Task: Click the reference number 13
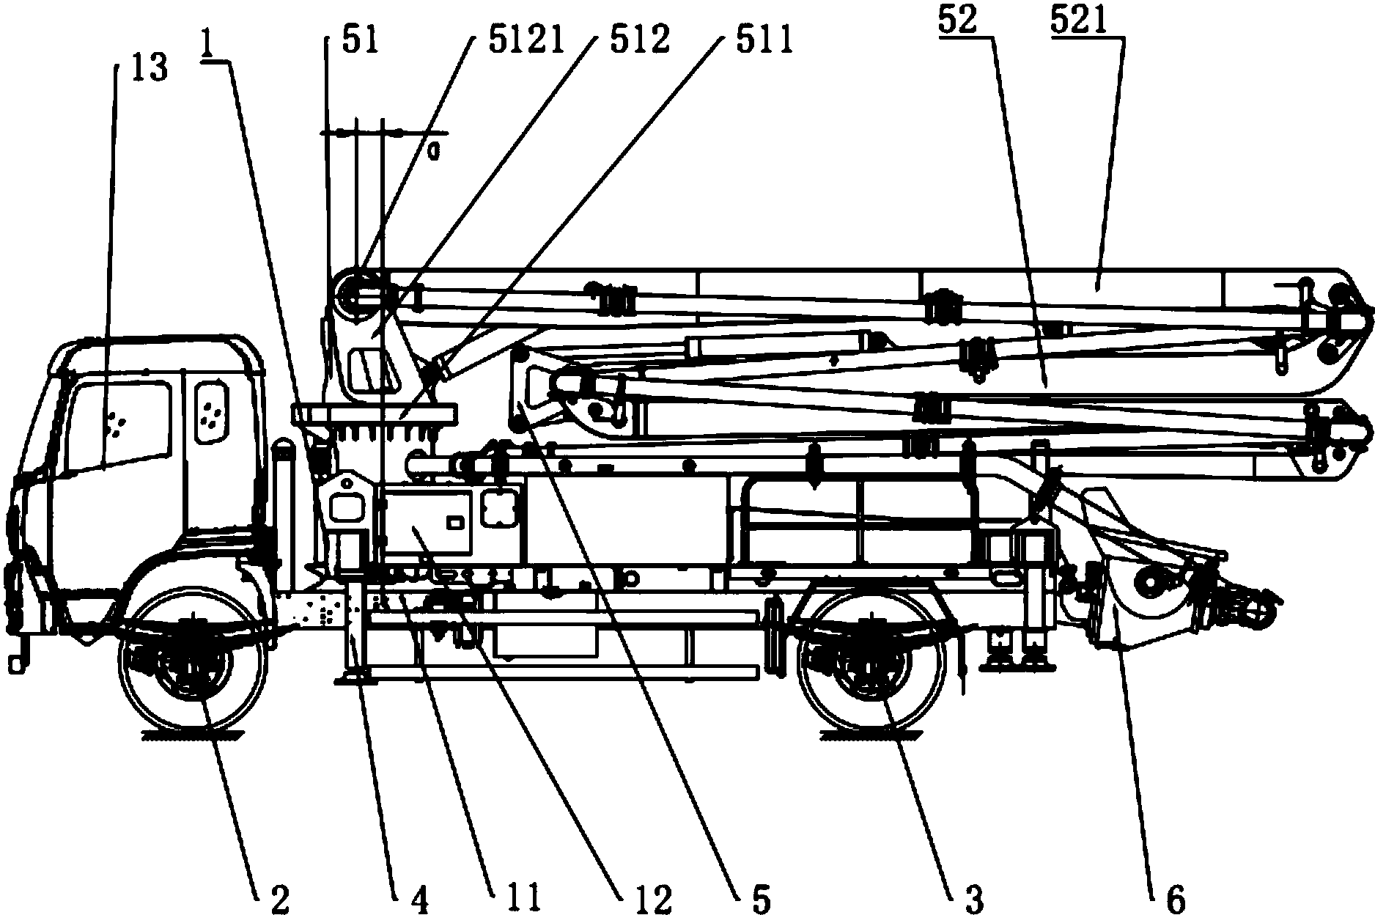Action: (150, 68)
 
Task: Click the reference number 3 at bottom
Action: (973, 896)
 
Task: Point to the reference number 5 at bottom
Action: (762, 896)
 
